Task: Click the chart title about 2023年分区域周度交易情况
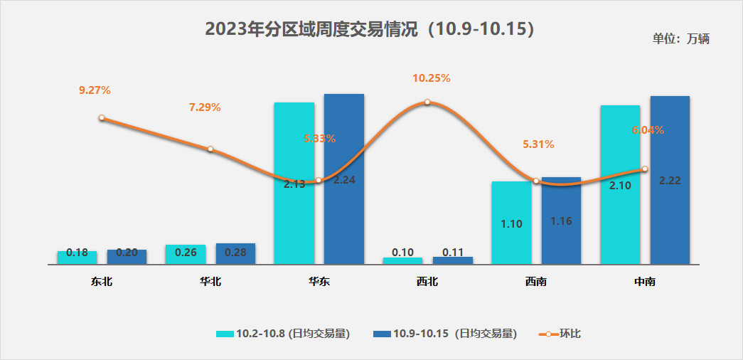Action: [x=369, y=29]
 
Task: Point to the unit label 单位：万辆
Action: [x=680, y=39]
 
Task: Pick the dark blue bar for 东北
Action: [x=127, y=258]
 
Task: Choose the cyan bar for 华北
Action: [x=186, y=255]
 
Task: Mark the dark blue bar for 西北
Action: [x=453, y=260]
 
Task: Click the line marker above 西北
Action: [x=427, y=102]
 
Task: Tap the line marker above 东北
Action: [x=102, y=117]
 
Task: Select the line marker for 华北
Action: [x=210, y=149]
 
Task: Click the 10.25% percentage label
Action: [x=432, y=78]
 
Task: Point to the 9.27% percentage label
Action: [x=95, y=90]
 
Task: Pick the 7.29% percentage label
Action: [x=205, y=107]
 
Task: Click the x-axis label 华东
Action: [x=319, y=282]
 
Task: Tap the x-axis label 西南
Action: [x=536, y=282]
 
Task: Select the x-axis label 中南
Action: [x=644, y=282]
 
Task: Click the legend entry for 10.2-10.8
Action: [x=283, y=333]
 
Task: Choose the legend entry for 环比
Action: [x=562, y=333]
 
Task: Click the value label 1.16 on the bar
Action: [x=561, y=221]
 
